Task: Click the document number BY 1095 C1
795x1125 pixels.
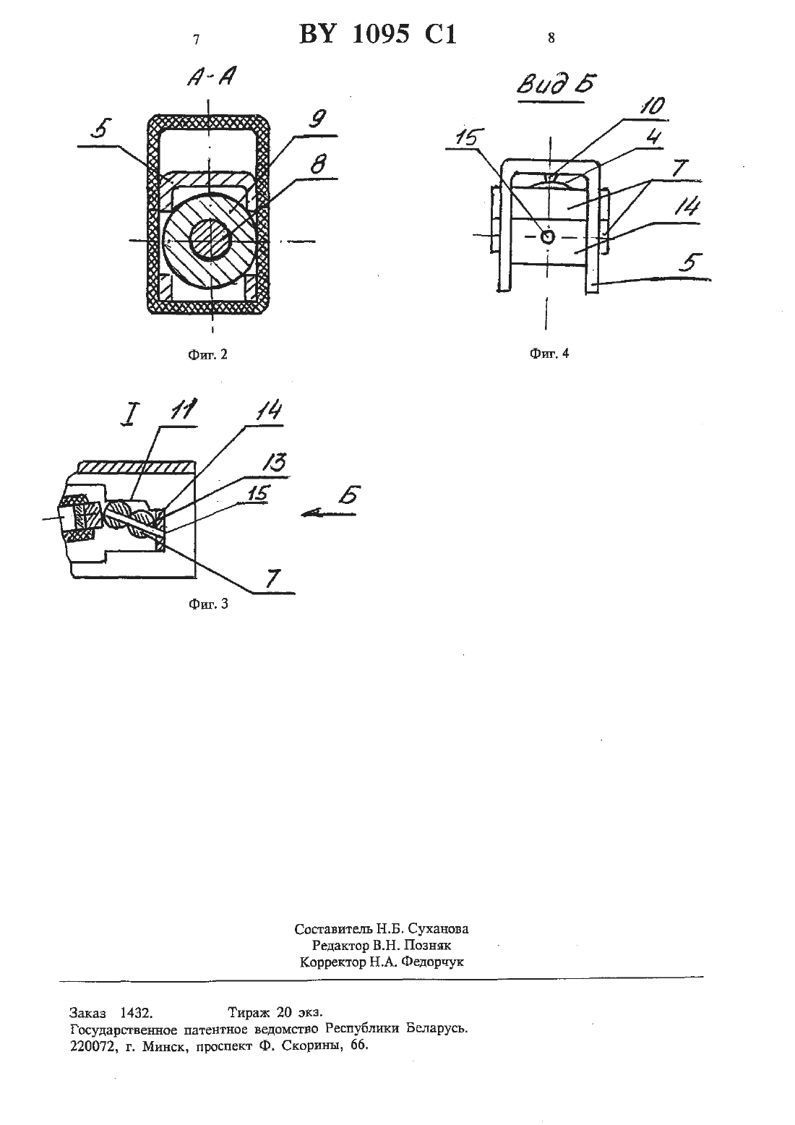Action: coord(378,35)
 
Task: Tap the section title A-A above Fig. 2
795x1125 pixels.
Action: coord(212,78)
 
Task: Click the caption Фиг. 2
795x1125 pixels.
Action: coord(208,354)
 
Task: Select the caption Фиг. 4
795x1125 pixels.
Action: coord(549,353)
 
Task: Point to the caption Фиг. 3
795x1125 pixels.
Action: coord(208,604)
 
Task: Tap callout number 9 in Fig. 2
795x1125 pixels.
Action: coord(318,119)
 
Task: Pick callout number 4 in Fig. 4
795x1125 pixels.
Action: coord(653,137)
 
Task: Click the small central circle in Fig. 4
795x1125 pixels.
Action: coord(548,236)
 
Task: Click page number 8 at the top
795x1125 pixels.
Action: coord(551,38)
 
